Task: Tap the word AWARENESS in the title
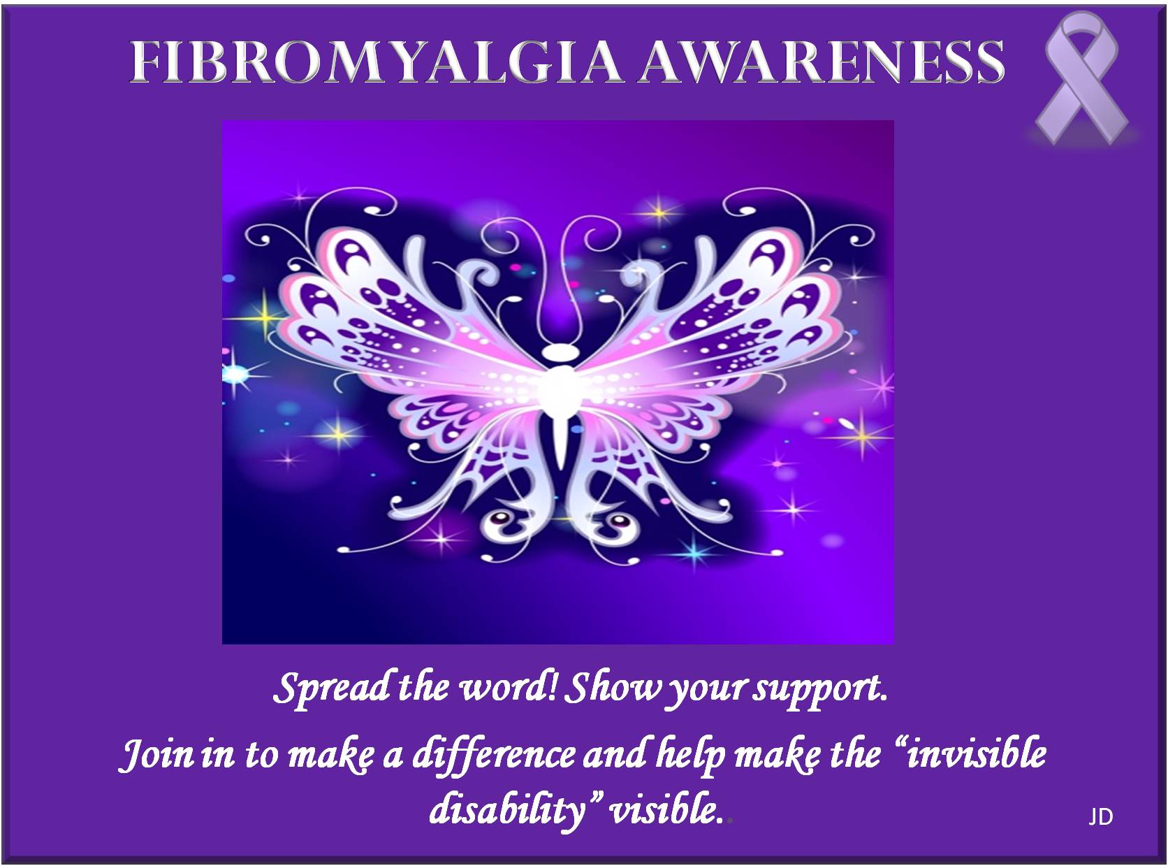click(x=822, y=62)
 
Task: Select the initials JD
click(x=1100, y=817)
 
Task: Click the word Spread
click(x=330, y=688)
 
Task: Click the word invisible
click(x=975, y=753)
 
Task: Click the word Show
click(x=613, y=688)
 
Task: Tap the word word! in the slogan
click(x=508, y=688)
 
